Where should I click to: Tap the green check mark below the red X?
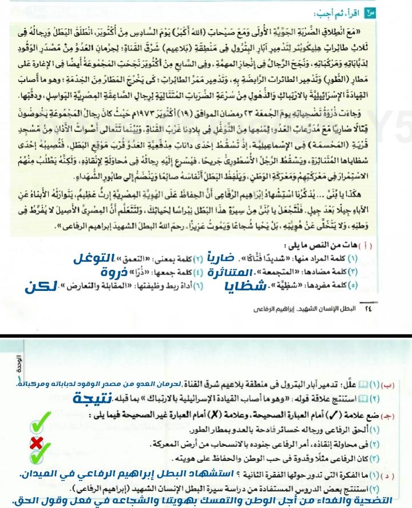point(38,456)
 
